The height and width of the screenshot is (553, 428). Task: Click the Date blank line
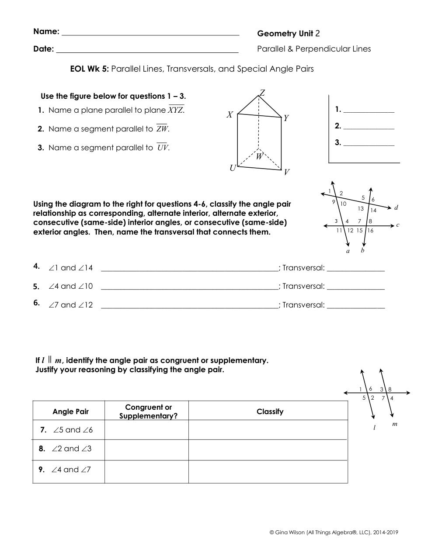(x=147, y=51)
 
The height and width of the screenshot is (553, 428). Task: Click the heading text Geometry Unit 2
(x=289, y=34)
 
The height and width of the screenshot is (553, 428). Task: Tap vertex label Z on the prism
(x=262, y=92)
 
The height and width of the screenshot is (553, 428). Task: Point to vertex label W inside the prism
(x=259, y=156)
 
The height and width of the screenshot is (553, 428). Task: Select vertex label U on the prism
(x=233, y=168)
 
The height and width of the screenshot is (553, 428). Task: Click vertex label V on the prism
(x=286, y=172)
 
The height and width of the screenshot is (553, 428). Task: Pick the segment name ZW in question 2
(x=162, y=129)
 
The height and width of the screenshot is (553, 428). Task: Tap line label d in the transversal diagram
(x=396, y=207)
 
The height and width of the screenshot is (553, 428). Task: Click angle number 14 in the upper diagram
(x=373, y=210)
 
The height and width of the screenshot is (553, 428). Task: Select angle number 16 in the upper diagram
(x=370, y=231)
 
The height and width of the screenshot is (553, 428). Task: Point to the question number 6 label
(x=37, y=303)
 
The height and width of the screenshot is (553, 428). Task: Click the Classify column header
(x=270, y=411)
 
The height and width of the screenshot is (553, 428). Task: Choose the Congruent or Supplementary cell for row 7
(x=146, y=430)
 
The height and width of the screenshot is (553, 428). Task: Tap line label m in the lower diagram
(x=395, y=424)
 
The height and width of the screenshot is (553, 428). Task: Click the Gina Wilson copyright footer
(x=334, y=532)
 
